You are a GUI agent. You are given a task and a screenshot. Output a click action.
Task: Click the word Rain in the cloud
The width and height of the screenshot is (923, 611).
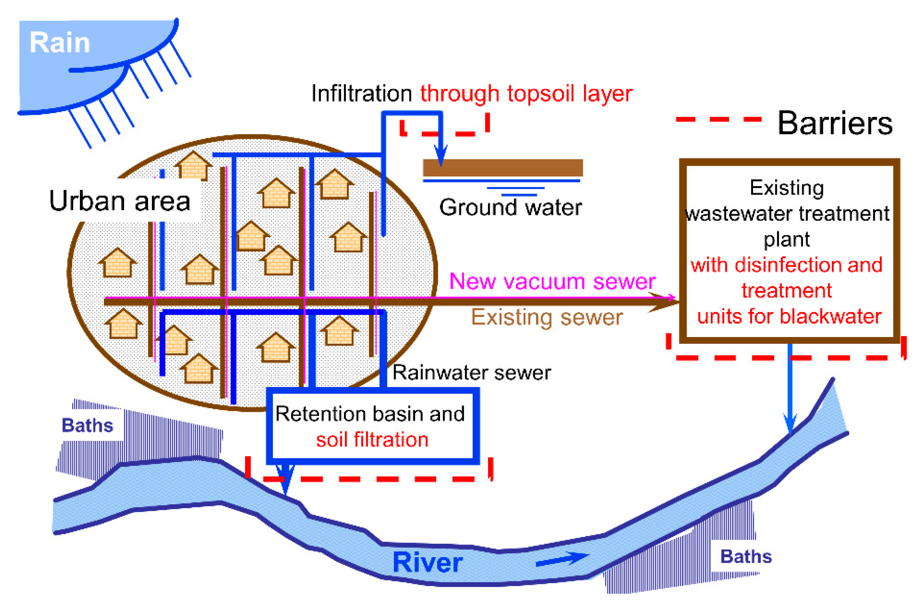point(59,43)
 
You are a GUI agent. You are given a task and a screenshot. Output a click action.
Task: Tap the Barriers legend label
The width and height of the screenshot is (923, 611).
point(834,123)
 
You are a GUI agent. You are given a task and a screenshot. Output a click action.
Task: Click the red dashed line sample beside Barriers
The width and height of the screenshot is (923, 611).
point(718,119)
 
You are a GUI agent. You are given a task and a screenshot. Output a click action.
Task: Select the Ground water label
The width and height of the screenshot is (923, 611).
point(510,207)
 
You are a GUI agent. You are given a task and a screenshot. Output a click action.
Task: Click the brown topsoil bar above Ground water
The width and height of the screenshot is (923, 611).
point(502,168)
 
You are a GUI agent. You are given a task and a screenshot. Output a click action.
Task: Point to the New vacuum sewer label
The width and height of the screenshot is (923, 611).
point(552,281)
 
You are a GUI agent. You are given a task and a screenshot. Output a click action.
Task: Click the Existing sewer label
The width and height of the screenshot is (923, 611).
point(547,317)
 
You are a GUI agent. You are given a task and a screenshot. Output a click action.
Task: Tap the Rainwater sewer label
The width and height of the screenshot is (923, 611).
point(471,373)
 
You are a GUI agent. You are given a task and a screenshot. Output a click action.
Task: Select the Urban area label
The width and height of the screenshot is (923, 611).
point(120,201)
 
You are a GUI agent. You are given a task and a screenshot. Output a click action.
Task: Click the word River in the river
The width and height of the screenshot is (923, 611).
point(428,563)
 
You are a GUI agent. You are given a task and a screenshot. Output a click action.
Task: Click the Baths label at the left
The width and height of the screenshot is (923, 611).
point(87,425)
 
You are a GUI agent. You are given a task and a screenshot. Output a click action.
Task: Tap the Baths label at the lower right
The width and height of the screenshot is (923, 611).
point(746,556)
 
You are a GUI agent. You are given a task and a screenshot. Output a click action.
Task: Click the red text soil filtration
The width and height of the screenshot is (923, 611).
point(372,440)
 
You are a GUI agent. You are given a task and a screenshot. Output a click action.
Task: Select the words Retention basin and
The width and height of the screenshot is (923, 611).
point(370,414)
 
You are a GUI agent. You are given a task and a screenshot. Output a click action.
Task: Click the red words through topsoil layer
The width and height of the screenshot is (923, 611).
point(526,94)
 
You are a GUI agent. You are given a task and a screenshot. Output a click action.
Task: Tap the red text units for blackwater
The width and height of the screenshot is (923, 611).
point(789,316)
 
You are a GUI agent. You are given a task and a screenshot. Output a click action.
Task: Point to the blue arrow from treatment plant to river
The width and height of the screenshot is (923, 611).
point(790,390)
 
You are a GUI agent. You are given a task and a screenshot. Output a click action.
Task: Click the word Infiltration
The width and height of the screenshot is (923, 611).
point(362,94)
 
